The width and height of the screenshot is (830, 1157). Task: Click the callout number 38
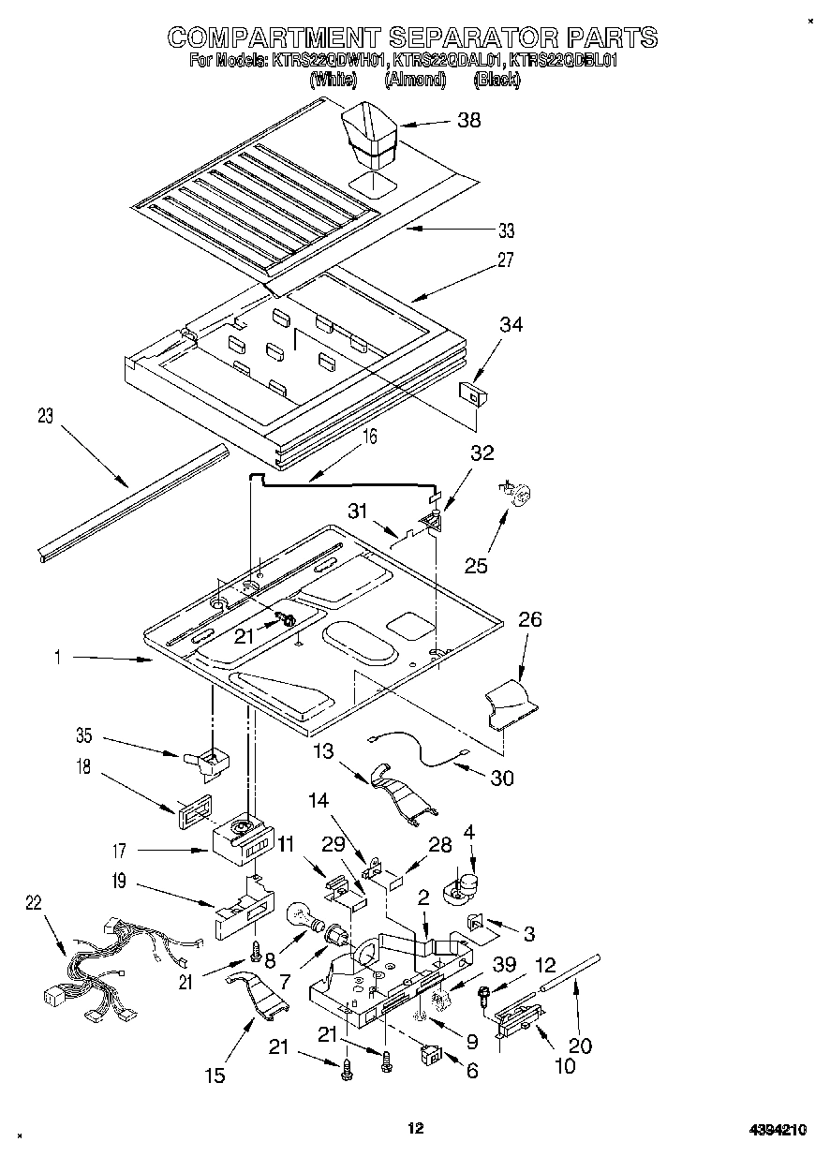point(468,120)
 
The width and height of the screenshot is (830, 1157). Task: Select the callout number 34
point(511,325)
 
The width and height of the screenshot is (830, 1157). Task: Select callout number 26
point(530,620)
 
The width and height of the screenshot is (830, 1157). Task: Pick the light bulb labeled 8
point(299,913)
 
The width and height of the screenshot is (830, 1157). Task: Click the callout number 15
point(215,1075)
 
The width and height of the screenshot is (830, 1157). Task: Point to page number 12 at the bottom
point(415,1129)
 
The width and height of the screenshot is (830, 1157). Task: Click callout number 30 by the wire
point(502,779)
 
